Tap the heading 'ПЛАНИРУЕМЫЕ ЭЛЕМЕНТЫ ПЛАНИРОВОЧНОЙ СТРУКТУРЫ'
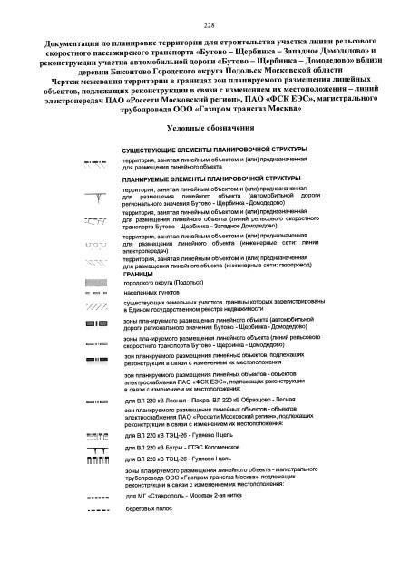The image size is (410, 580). (205, 179)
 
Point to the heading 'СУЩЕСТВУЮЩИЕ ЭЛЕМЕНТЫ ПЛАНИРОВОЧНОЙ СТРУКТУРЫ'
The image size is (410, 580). (207, 148)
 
